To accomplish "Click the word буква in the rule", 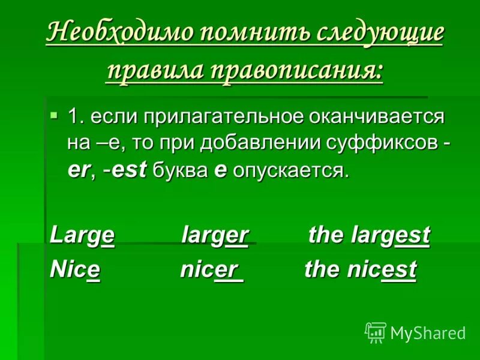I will click(179, 171).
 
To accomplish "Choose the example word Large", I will click(82, 235).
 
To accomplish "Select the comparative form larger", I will click(215, 235).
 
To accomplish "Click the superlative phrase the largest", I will click(369, 235).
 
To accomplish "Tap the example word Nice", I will click(76, 270).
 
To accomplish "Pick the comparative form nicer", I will click(211, 270).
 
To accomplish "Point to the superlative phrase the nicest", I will click(360, 270).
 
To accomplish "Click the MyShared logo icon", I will click(376, 332).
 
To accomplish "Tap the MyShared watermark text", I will click(428, 332).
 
